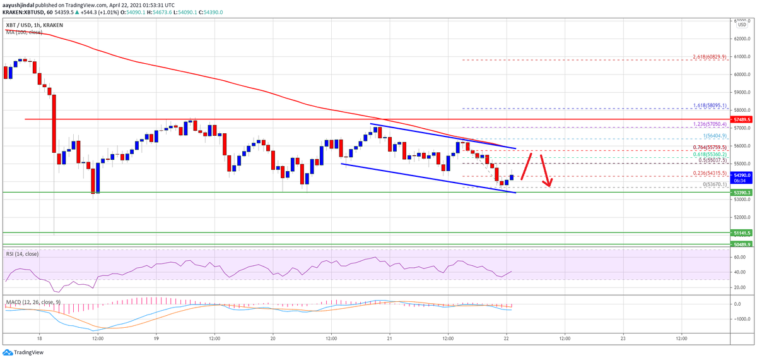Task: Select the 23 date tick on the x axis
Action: click(x=623, y=337)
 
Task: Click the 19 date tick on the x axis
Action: click(x=156, y=337)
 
